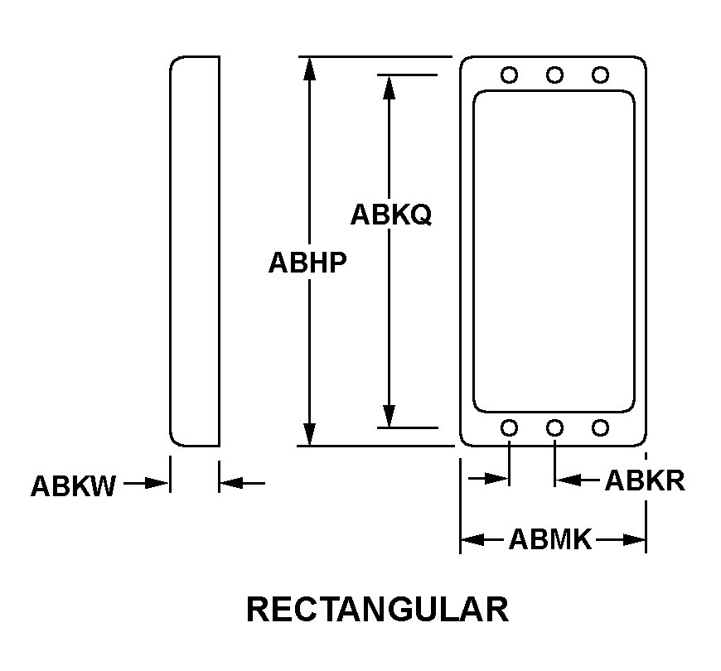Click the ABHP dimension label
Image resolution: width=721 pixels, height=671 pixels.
click(x=307, y=263)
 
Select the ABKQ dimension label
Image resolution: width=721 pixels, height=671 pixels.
click(x=391, y=215)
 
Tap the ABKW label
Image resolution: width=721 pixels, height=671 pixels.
click(x=73, y=486)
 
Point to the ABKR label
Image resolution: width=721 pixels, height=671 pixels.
click(x=645, y=480)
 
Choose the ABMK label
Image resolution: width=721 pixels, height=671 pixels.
click(x=550, y=539)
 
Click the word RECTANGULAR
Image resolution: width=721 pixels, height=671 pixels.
click(x=378, y=610)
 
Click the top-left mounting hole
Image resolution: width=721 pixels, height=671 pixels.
click(x=509, y=75)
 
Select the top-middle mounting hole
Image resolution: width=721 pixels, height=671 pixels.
click(x=554, y=75)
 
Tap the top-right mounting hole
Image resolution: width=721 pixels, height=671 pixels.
click(x=600, y=75)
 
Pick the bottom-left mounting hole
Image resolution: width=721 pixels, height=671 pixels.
click(x=509, y=428)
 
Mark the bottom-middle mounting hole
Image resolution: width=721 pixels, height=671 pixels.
click(x=554, y=428)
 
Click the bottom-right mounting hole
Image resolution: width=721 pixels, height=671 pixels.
click(x=600, y=428)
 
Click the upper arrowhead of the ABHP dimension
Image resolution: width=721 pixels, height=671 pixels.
click(x=309, y=69)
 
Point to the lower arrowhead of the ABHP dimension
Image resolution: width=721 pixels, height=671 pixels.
click(x=309, y=434)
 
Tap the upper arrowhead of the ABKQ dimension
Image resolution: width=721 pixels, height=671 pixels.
click(x=390, y=87)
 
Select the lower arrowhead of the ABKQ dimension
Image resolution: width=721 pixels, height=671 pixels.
click(x=390, y=416)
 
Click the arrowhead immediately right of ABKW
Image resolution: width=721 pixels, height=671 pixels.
click(x=157, y=484)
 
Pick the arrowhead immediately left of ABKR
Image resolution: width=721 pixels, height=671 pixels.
click(x=568, y=480)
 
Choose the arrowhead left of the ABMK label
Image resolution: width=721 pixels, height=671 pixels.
click(x=473, y=539)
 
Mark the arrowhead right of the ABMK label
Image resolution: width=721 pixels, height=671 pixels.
click(x=634, y=539)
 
